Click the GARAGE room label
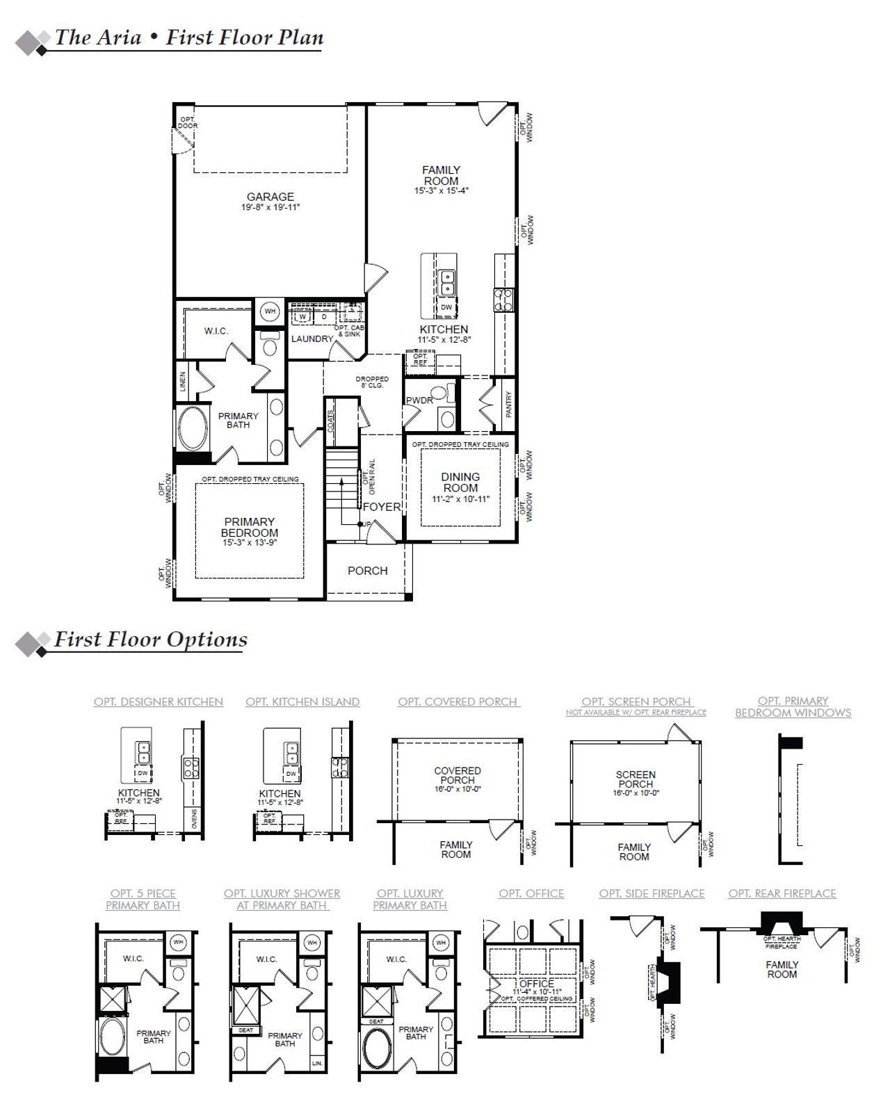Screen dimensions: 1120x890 click(x=270, y=197)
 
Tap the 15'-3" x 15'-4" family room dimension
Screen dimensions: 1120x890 click(x=442, y=190)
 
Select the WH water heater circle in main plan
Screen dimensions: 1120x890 click(x=270, y=311)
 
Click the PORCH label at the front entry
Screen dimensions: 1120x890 click(x=367, y=571)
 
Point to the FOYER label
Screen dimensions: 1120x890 click(x=382, y=507)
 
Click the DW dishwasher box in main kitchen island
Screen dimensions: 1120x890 click(x=446, y=307)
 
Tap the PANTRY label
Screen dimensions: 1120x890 click(x=509, y=404)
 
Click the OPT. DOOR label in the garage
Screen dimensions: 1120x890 click(x=188, y=122)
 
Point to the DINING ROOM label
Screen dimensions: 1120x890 click(x=460, y=482)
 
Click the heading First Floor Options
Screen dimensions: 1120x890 click(x=151, y=640)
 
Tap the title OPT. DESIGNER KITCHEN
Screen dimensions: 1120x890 click(x=159, y=702)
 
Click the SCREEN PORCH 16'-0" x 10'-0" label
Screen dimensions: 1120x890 click(x=636, y=783)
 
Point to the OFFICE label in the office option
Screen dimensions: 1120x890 click(x=537, y=984)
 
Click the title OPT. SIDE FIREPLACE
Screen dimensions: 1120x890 click(x=652, y=894)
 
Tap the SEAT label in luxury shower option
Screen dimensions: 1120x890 click(x=245, y=1030)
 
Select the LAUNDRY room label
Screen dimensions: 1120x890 click(x=312, y=339)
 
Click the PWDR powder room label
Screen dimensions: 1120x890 click(x=419, y=400)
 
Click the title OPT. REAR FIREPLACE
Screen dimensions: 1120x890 click(x=782, y=894)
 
